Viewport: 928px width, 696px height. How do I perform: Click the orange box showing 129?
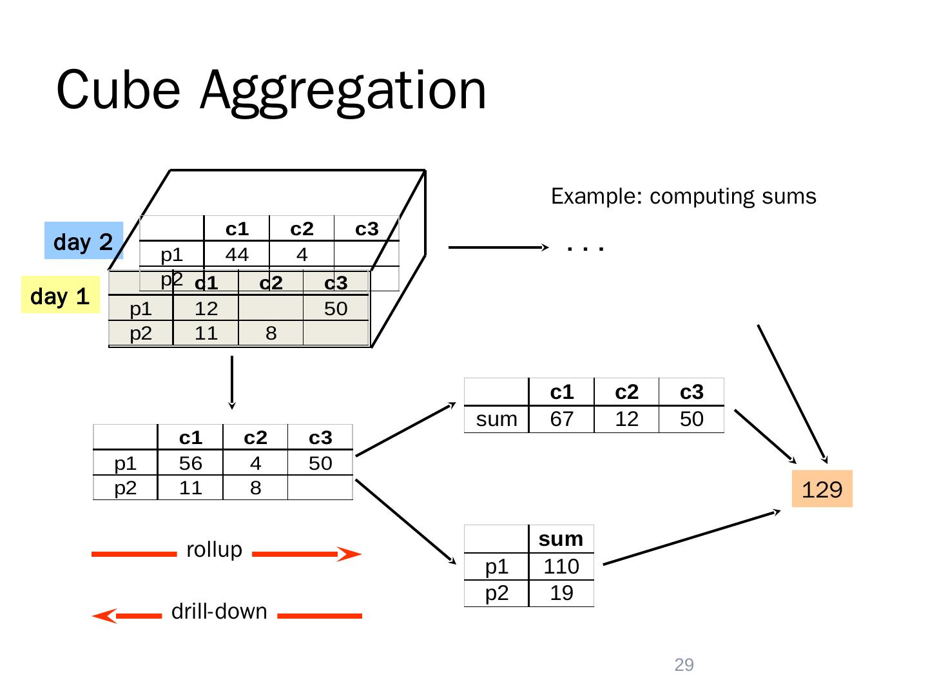click(x=822, y=489)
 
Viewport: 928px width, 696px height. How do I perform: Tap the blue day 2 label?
click(x=83, y=241)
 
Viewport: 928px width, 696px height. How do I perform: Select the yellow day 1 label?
click(x=60, y=295)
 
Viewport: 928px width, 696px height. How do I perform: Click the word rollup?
click(x=214, y=550)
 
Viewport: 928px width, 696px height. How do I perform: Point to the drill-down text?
click(x=219, y=611)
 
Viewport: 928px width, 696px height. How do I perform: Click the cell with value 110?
click(x=561, y=566)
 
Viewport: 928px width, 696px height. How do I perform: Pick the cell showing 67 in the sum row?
click(x=561, y=419)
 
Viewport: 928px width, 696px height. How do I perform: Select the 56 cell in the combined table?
click(x=191, y=463)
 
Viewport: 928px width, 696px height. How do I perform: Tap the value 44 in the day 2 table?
click(x=237, y=255)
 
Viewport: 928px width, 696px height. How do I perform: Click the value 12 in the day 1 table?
click(x=206, y=309)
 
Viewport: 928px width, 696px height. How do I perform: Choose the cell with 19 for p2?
click(x=561, y=593)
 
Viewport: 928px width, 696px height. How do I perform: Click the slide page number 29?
click(x=684, y=665)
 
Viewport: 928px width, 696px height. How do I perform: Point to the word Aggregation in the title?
click(x=343, y=90)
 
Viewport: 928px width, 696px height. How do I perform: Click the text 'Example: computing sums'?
click(x=683, y=196)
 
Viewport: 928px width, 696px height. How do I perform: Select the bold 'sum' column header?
click(x=561, y=539)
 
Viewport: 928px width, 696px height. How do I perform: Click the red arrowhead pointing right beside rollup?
click(x=349, y=554)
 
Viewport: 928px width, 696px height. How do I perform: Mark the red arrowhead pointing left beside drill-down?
click(x=105, y=616)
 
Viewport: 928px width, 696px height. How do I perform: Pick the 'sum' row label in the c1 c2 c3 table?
click(x=496, y=419)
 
